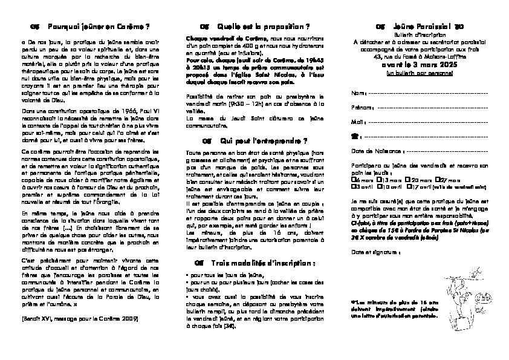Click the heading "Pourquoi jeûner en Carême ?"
point(98,27)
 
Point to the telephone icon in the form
point(354,136)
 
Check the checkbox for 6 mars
point(353,180)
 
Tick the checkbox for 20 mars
point(409,180)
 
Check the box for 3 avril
point(353,187)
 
